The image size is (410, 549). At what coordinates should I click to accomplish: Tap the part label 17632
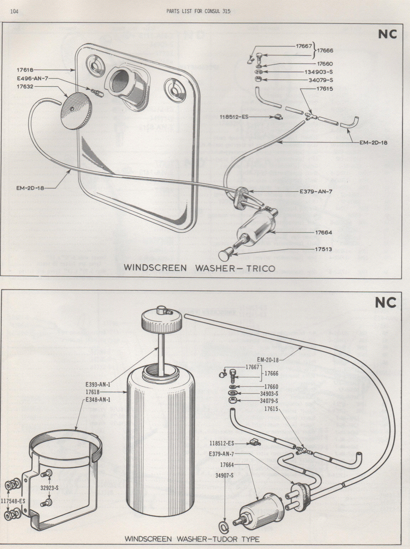click(26, 87)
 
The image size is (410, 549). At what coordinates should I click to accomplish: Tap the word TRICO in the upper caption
click(256, 268)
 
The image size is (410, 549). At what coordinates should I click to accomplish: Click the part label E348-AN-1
click(98, 400)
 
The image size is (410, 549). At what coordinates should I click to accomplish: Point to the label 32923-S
click(49, 487)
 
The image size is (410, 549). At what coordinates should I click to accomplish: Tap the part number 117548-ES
click(13, 500)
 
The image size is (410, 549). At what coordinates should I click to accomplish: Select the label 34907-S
click(225, 475)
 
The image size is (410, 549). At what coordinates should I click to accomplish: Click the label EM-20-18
click(268, 359)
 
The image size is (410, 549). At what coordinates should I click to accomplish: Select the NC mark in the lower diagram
click(386, 302)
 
